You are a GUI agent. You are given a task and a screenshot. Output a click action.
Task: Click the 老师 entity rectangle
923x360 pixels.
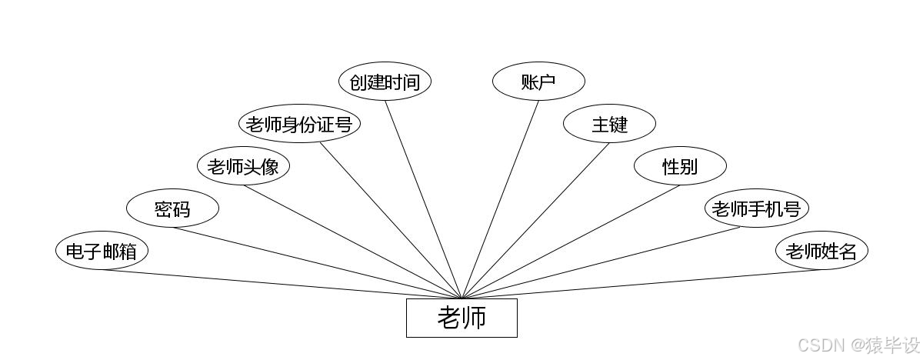461,318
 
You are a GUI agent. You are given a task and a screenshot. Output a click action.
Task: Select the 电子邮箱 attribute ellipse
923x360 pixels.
102,252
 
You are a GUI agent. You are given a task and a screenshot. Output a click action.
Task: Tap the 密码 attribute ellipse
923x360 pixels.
172,209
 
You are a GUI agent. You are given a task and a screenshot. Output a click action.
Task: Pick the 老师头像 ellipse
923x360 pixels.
243,167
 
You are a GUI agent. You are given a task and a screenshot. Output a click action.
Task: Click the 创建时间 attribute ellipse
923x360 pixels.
385,82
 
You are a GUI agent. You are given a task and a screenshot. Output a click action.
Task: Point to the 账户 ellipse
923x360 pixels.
538,82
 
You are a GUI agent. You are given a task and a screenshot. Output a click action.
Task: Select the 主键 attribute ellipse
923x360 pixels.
609,124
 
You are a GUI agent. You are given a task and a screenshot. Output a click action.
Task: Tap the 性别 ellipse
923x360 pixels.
680,166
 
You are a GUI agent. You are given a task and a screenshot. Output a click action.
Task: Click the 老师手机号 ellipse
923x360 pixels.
757,208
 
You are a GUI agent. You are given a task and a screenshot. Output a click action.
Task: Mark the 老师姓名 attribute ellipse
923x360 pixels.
821,252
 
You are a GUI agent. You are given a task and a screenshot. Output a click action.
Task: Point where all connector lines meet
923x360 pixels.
461,298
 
